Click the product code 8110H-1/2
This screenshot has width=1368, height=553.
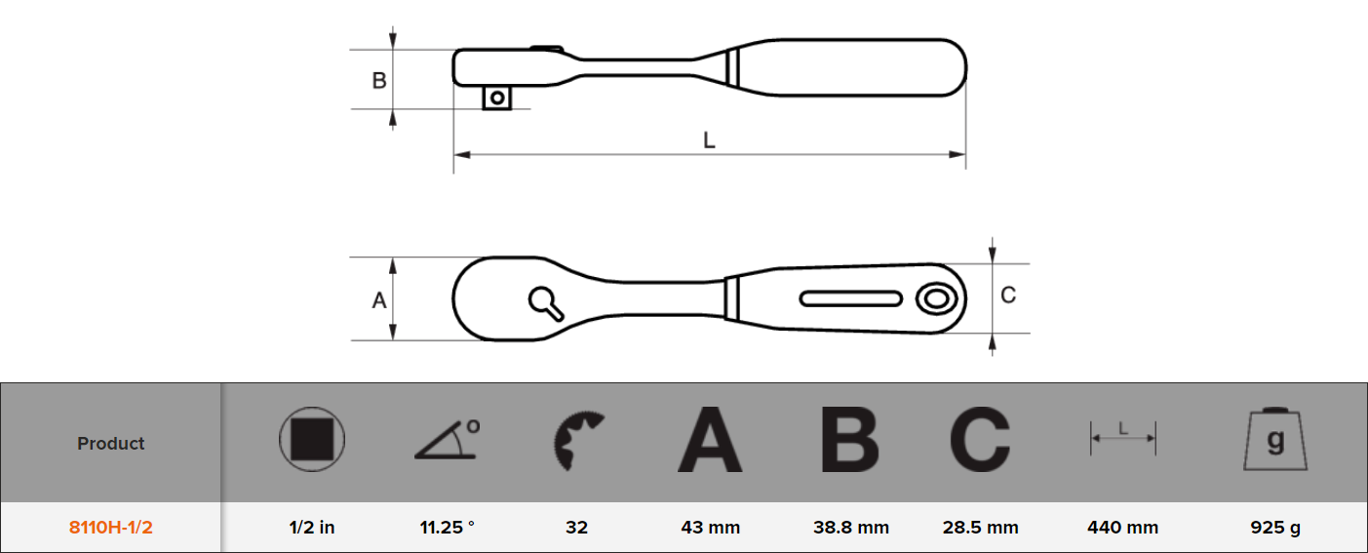click(110, 528)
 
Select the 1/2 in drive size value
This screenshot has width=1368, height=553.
click(311, 528)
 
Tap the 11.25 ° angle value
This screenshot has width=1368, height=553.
click(447, 528)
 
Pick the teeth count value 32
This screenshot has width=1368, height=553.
click(576, 528)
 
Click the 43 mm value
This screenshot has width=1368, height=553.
click(710, 528)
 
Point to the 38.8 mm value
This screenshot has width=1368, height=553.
click(850, 528)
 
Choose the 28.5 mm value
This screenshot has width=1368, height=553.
click(980, 528)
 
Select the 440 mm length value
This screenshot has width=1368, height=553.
click(1122, 528)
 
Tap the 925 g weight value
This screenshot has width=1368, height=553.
click(1275, 528)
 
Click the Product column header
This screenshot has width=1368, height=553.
click(110, 443)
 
